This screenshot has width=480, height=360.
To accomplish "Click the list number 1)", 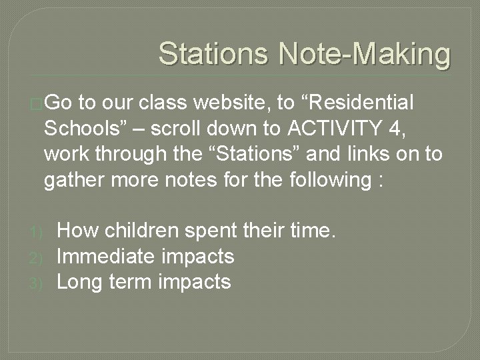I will coord(36,232).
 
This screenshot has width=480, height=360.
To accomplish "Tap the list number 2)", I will coord(36,257).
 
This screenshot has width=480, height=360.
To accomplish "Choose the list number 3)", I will coord(36,283).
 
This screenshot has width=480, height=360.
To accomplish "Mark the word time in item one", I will coord(315,231).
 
